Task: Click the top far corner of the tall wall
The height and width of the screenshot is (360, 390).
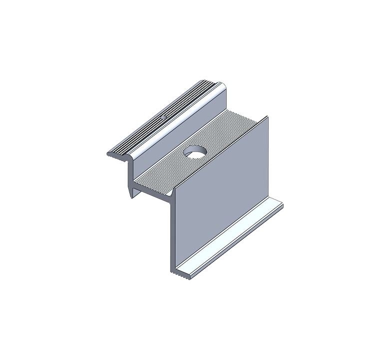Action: coord(268,117)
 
